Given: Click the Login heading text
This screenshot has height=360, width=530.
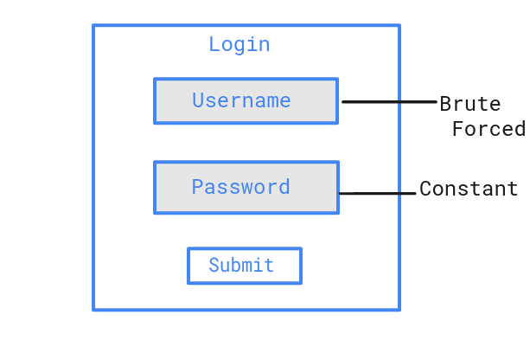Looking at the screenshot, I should pyautogui.click(x=239, y=44).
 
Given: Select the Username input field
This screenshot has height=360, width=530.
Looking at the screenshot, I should pyautogui.click(x=246, y=101).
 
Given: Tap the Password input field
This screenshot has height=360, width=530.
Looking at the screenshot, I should pyautogui.click(x=246, y=187).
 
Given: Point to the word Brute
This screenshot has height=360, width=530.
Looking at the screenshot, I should pyautogui.click(x=469, y=104).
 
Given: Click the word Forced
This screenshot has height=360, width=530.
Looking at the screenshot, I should pyautogui.click(x=488, y=129).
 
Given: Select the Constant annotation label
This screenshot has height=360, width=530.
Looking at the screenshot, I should pyautogui.click(x=469, y=189).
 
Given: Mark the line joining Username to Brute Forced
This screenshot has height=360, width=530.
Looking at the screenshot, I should pyautogui.click(x=389, y=101).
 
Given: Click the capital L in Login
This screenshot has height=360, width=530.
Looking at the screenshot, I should pyautogui.click(x=214, y=44).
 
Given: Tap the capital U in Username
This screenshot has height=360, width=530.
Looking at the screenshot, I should pyautogui.click(x=198, y=100).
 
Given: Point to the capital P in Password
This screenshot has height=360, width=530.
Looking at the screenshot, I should pyautogui.click(x=197, y=187).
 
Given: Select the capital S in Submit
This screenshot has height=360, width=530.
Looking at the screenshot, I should pyautogui.click(x=214, y=265).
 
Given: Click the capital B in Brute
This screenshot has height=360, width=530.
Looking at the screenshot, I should pyautogui.click(x=445, y=104).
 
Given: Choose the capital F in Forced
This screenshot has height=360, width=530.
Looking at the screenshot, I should pyautogui.click(x=458, y=129).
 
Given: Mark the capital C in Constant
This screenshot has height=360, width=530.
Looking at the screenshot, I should pyautogui.click(x=425, y=189).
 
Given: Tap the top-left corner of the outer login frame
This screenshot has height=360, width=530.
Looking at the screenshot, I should pyautogui.click(x=93, y=26).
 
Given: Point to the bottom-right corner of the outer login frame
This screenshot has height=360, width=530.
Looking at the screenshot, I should pyautogui.click(x=399, y=309).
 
